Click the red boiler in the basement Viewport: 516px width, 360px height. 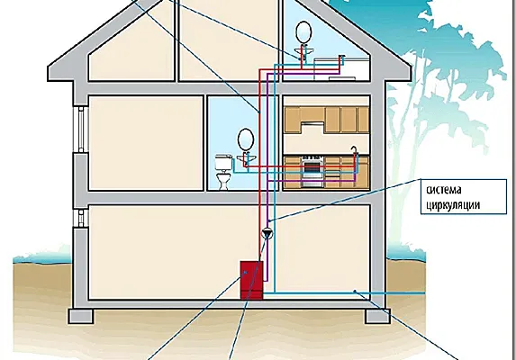252,280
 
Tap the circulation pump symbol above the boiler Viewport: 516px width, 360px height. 267,233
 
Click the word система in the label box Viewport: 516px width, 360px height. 444,190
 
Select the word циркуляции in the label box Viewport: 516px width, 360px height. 453,205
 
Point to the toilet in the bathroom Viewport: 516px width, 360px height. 223,172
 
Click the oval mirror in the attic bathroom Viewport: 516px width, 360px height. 303,32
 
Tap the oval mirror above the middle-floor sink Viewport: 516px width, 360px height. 246,139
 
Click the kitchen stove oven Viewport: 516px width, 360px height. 312,171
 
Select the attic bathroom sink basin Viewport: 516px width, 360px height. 304,50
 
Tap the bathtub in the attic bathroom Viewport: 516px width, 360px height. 341,69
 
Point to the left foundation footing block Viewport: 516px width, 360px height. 81,316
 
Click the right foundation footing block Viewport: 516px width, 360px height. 378,316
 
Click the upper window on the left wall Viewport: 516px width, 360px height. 81,130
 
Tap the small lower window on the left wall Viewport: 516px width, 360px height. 81,219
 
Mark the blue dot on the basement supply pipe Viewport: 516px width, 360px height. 355,291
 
